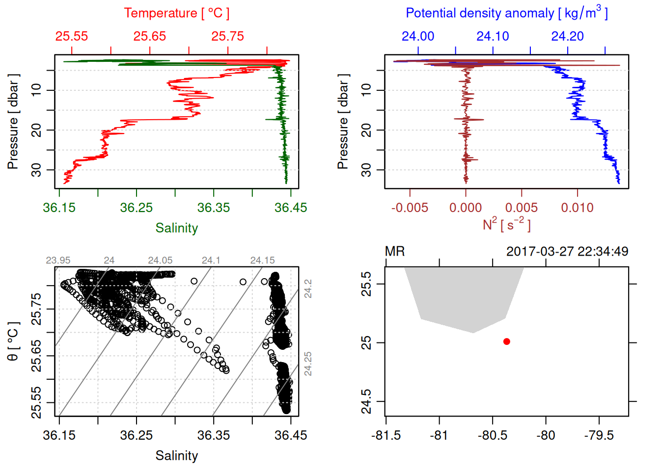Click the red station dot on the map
506,341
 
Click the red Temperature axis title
176,13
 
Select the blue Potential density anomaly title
506,13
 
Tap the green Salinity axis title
176,228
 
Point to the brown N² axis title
506,224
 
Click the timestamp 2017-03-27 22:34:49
567,252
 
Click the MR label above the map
395,252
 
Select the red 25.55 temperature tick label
72,36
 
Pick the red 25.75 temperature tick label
228,36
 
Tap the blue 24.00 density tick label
418,36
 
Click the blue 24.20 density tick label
568,36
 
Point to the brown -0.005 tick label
410,208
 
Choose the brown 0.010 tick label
577,208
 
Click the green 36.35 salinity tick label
214,208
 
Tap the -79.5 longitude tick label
599,436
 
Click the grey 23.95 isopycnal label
58,261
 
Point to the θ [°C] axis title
13,341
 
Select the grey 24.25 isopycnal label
308,364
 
